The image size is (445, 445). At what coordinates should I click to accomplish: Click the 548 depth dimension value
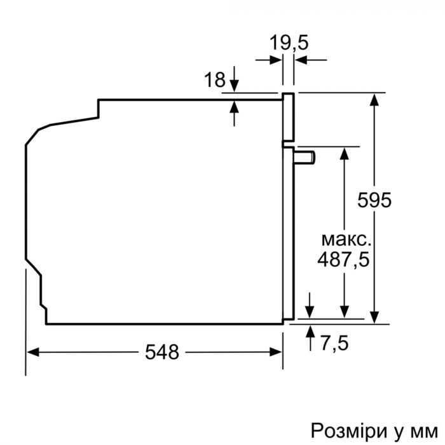pyautogui.click(x=161, y=352)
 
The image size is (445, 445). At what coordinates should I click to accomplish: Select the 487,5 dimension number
pyautogui.click(x=345, y=259)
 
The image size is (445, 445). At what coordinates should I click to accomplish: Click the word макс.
pyautogui.click(x=345, y=240)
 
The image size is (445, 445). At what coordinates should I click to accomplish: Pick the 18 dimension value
pyautogui.click(x=215, y=80)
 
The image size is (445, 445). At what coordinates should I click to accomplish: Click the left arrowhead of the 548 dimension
pyautogui.click(x=32, y=352)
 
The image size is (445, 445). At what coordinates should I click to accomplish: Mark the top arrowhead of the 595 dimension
pyautogui.click(x=375, y=99)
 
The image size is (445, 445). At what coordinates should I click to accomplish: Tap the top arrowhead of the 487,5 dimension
pyautogui.click(x=344, y=153)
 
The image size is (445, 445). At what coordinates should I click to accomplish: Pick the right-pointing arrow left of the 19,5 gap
pyautogui.click(x=277, y=60)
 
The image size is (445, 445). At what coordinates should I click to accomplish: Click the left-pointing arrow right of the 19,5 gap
pyautogui.click(x=300, y=60)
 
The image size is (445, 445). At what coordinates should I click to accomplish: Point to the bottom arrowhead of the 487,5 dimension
pyautogui.click(x=344, y=311)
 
